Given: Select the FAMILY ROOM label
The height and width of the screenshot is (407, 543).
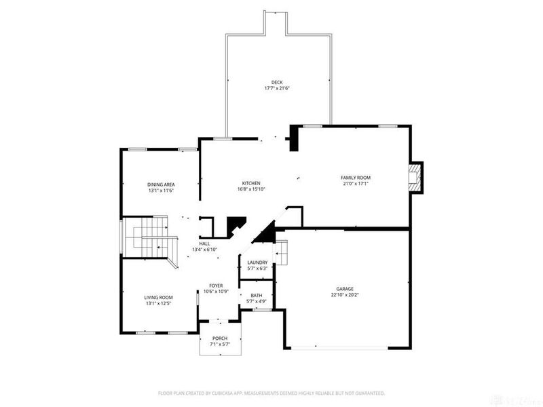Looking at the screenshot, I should tap(355, 178).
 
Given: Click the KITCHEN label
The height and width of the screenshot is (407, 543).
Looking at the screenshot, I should tap(251, 183).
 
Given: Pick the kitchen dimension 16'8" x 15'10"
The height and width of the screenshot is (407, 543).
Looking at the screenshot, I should tap(251, 189).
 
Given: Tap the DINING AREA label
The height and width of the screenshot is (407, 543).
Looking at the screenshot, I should tap(162, 185).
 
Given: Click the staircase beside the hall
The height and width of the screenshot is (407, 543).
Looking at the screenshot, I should tap(148, 237).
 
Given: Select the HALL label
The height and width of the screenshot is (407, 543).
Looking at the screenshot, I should tap(204, 244).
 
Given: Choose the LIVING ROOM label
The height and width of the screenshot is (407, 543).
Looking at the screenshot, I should tap(158, 297).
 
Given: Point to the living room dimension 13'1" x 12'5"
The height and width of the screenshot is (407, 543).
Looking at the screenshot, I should tap(158, 303).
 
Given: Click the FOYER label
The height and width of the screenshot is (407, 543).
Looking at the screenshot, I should tap(216, 286).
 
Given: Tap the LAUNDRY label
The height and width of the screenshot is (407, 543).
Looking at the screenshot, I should tap(257, 263).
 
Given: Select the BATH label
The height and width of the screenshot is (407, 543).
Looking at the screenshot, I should tap(256, 295).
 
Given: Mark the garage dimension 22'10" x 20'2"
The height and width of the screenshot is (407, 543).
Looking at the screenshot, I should tap(345, 294).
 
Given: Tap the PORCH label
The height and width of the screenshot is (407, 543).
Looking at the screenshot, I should tap(219, 338).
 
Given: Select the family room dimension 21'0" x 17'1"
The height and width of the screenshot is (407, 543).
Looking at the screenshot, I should tap(355, 184).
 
